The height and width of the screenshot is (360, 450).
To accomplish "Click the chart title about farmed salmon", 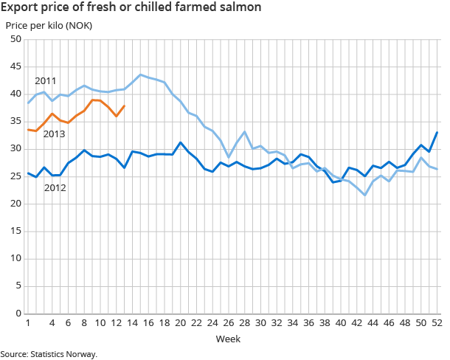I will pos(132,8).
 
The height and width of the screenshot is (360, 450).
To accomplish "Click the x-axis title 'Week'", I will pos(226,339).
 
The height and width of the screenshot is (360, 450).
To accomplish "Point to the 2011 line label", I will pos(46,80).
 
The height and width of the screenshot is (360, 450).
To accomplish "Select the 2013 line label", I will pos(55,134).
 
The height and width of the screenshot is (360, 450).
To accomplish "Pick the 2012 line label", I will pos(55,188).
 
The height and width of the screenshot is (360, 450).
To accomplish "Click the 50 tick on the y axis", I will pos(15,39).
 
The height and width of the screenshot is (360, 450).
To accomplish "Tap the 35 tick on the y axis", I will pos(15,122).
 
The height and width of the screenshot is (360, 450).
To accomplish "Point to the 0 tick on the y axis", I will pos(18,314).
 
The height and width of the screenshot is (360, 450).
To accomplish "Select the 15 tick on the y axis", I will pos(15,232).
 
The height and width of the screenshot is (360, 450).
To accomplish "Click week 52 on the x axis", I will pos(437,323).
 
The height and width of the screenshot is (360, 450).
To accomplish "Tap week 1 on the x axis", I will pos(28,323).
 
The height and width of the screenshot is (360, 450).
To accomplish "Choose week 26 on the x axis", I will pos(229,323).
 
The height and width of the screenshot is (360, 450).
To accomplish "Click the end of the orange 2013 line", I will pos(124,105).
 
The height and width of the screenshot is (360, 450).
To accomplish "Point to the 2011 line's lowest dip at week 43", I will pos(364,195).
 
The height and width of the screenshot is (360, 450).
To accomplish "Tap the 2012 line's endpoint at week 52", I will pos(437,132).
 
